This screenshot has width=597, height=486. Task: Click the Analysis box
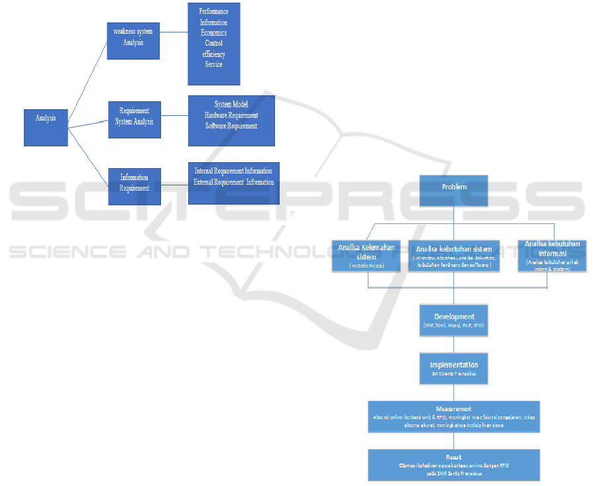[46, 127]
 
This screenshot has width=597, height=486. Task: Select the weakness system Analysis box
[133, 41]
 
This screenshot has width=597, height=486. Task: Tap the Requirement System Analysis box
[135, 119]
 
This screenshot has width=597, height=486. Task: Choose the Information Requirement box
[135, 186]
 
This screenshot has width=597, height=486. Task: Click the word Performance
[213, 12]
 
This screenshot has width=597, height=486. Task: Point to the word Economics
[213, 33]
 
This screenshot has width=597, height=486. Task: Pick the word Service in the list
[213, 65]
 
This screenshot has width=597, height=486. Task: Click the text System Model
[231, 105]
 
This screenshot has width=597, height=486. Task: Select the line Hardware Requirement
[231, 115]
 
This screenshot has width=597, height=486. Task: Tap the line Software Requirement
[231, 126]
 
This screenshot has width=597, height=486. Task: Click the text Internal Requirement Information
[233, 171]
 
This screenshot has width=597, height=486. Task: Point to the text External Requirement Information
[233, 182]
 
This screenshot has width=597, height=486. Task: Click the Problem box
[454, 191]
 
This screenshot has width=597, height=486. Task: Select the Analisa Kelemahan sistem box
[366, 256]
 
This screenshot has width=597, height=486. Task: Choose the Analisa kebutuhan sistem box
[454, 256]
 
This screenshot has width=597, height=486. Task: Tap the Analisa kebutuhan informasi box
[552, 256]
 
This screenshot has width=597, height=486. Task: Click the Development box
[454, 320]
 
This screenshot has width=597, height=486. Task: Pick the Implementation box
[454, 368]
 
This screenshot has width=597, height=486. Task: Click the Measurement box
[454, 416]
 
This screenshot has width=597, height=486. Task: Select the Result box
[454, 465]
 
